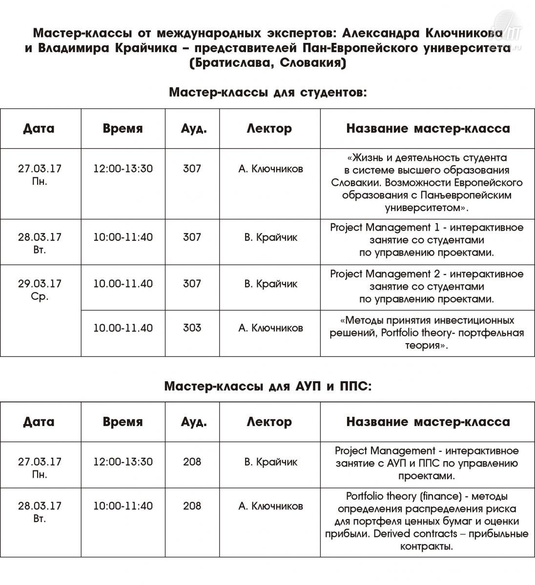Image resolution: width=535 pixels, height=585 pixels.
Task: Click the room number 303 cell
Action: tap(192, 328)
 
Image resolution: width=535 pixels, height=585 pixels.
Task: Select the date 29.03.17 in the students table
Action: tap(40, 284)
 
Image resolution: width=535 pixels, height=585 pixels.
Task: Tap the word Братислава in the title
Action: tap(226, 63)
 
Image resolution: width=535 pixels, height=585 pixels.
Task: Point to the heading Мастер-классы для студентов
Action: tap(267, 92)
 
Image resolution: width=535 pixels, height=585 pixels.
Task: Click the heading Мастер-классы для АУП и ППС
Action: tap(267, 387)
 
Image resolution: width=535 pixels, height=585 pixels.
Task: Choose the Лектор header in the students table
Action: tap(269, 129)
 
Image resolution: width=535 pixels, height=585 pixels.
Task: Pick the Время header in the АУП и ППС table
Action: tap(123, 422)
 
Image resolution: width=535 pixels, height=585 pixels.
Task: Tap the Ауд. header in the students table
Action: tap(194, 129)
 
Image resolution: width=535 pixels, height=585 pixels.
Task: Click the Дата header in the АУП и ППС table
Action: tap(39, 422)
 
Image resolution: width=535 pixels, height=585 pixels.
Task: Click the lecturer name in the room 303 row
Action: tap(270, 328)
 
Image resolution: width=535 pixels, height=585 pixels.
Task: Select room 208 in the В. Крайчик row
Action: tap(192, 462)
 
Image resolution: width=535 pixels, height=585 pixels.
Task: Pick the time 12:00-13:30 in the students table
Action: tap(123, 169)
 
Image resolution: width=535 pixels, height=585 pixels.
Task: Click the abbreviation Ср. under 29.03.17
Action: tap(40, 296)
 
